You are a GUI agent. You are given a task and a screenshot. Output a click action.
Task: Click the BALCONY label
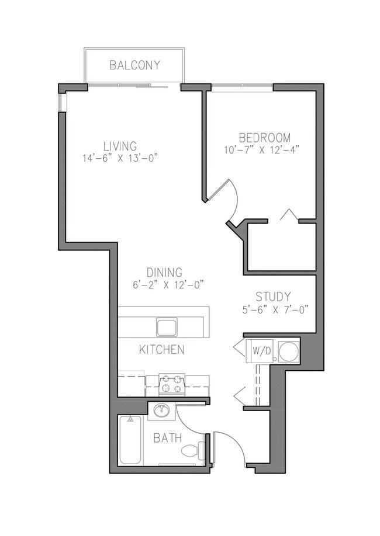click(x=134, y=65)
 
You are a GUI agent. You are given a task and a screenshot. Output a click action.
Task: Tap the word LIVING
click(x=120, y=146)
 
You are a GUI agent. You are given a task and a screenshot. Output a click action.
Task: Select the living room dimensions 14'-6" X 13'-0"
click(x=121, y=158)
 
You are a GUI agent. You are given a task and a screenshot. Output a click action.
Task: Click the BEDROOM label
click(x=264, y=138)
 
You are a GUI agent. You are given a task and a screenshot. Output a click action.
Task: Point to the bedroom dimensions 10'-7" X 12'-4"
click(x=264, y=149)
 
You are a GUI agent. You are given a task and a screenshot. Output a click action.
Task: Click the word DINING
click(x=164, y=272)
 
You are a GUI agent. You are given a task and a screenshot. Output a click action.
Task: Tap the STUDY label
click(x=273, y=297)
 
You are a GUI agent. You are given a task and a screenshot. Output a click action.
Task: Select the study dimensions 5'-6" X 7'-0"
click(x=273, y=309)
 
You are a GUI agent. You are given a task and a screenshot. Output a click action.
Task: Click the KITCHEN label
click(x=162, y=350)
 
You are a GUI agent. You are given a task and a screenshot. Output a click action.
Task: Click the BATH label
click(x=167, y=438)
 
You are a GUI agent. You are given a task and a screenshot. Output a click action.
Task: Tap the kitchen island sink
click(x=167, y=326)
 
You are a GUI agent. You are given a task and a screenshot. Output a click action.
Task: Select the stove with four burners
click(x=172, y=385)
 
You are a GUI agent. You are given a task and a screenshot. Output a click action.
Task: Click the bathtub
click(x=130, y=440)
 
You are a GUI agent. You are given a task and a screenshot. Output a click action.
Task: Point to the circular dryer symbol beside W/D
click(x=288, y=351)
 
